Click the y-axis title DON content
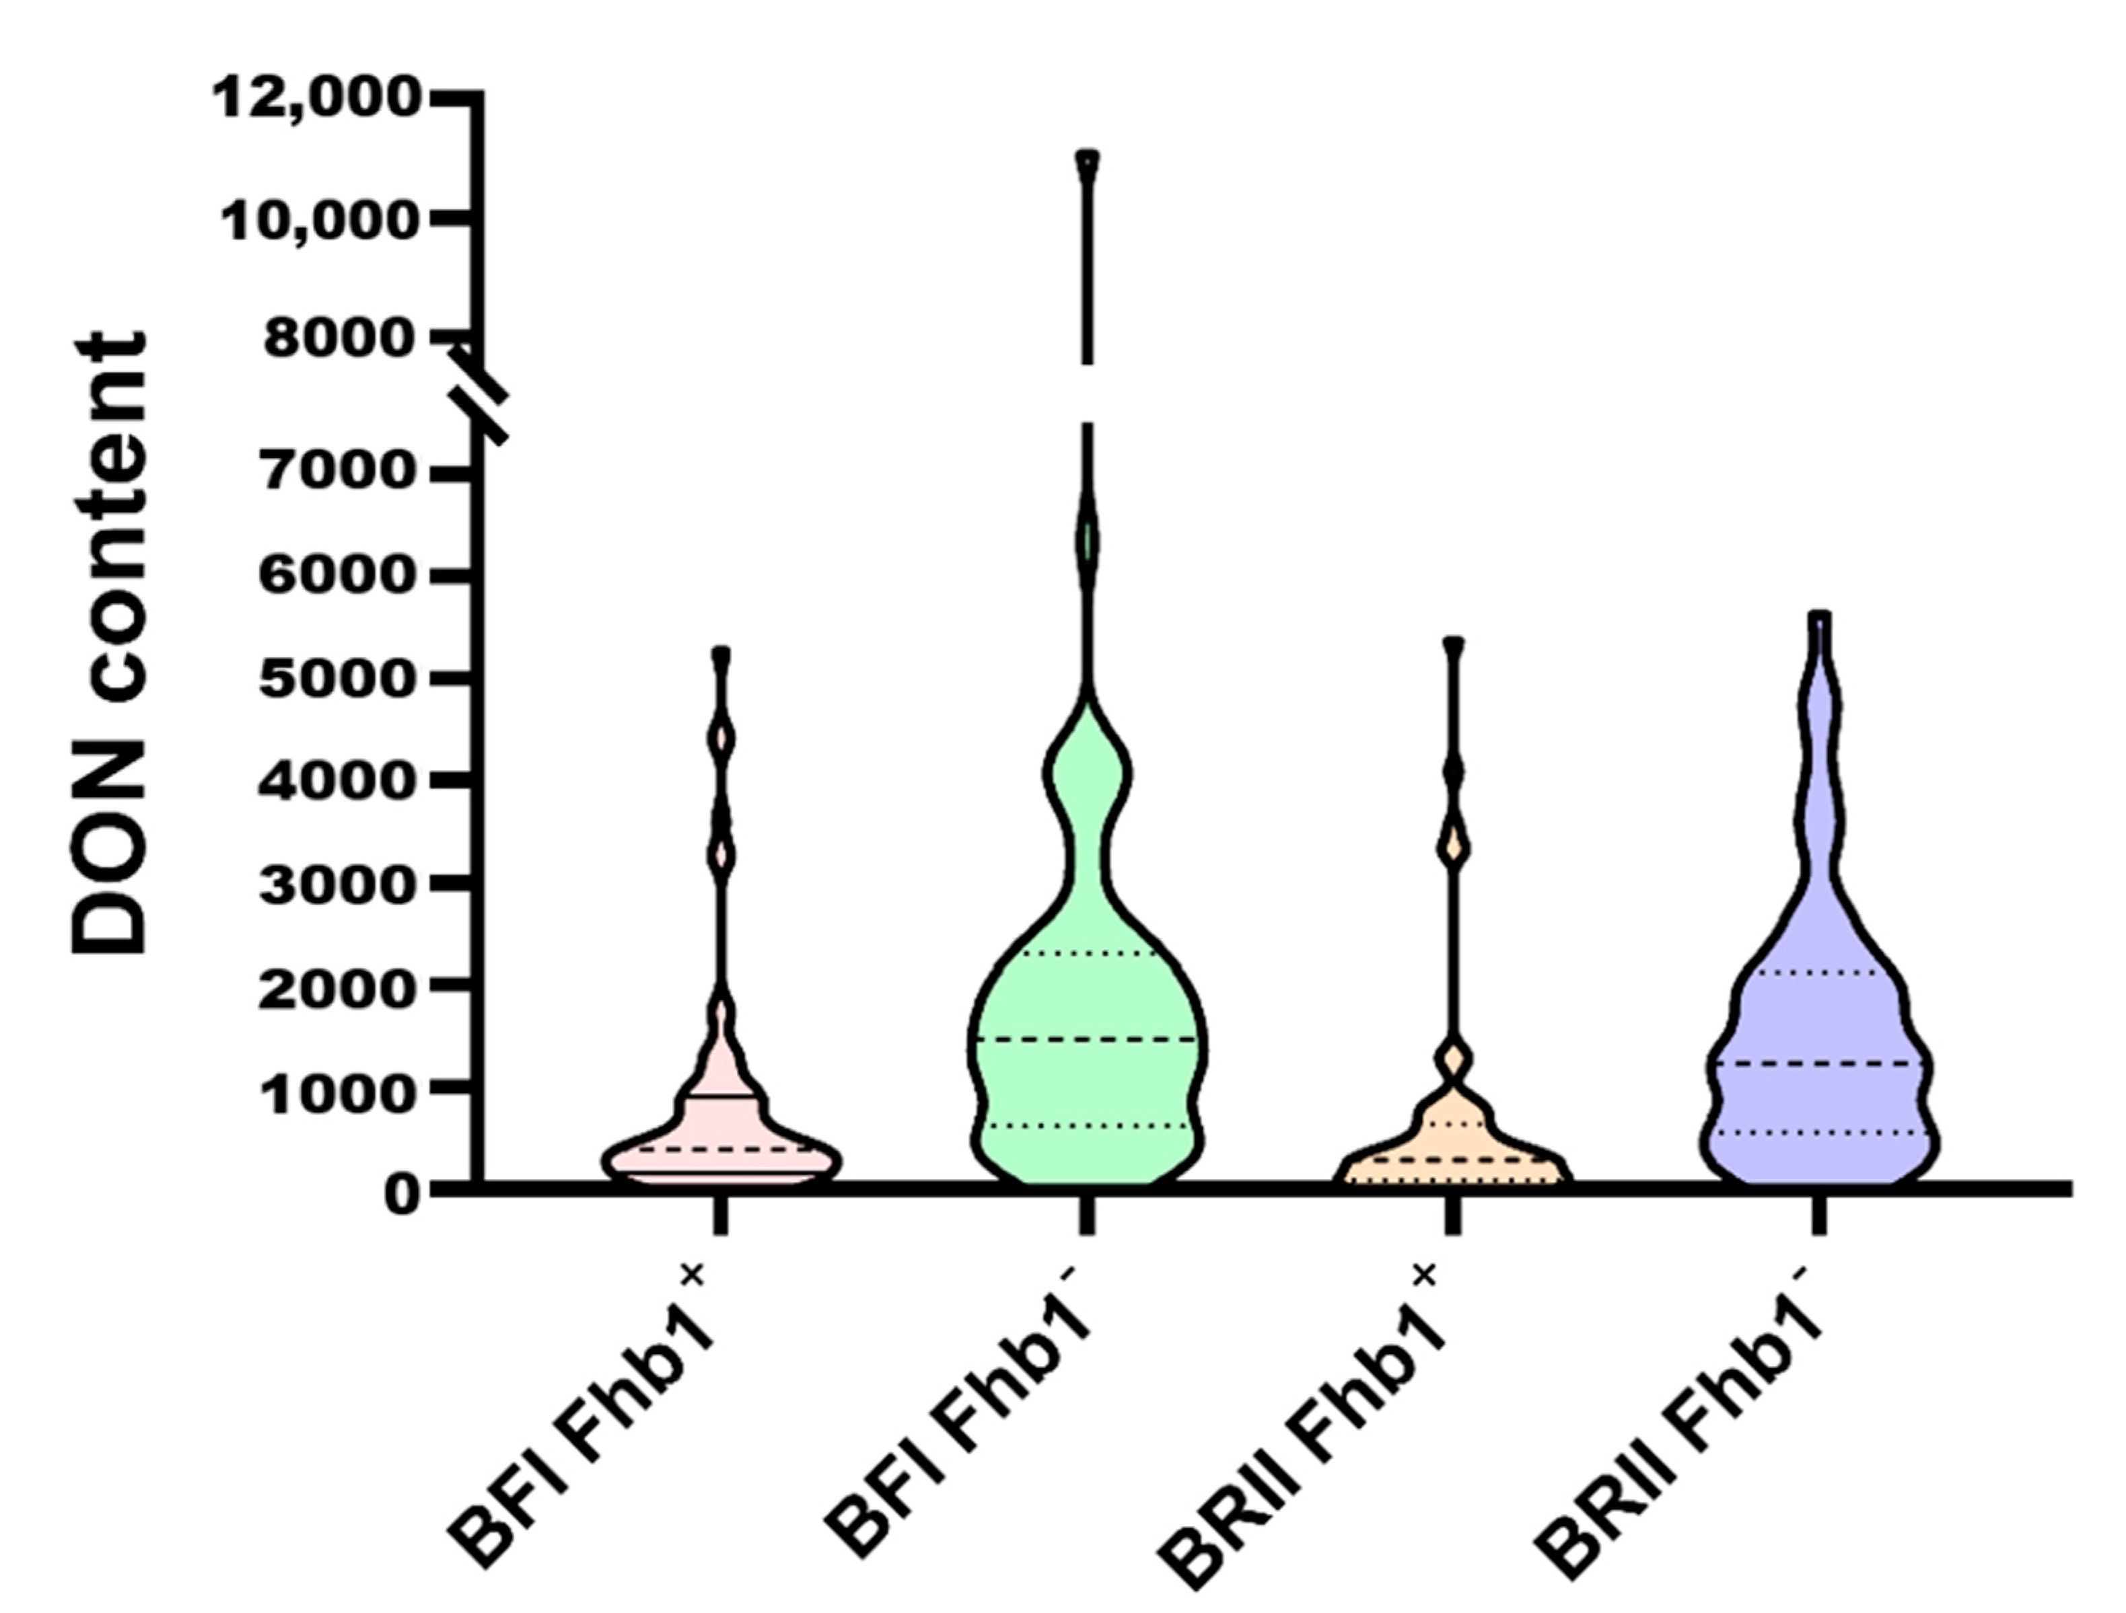[x=110, y=644]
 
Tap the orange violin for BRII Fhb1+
[x=1452, y=1153]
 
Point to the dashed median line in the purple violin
[x=1819, y=1063]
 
